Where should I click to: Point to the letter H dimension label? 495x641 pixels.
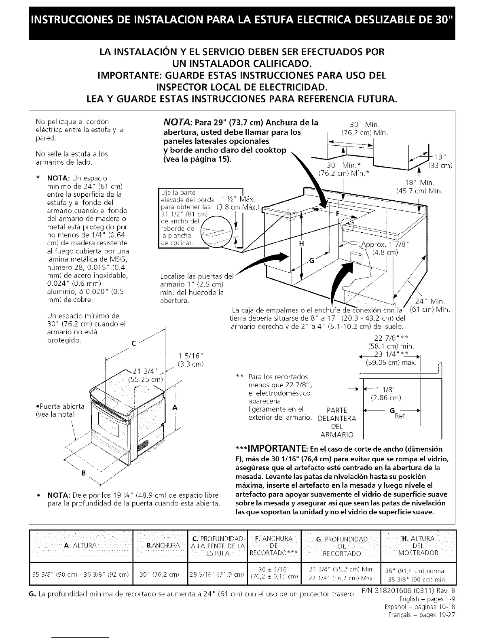pos(301,244)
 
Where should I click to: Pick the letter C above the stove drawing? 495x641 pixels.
pos(133,345)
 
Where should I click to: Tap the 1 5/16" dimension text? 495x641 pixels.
pos(190,356)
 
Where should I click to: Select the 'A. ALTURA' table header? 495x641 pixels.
pos(80,545)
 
